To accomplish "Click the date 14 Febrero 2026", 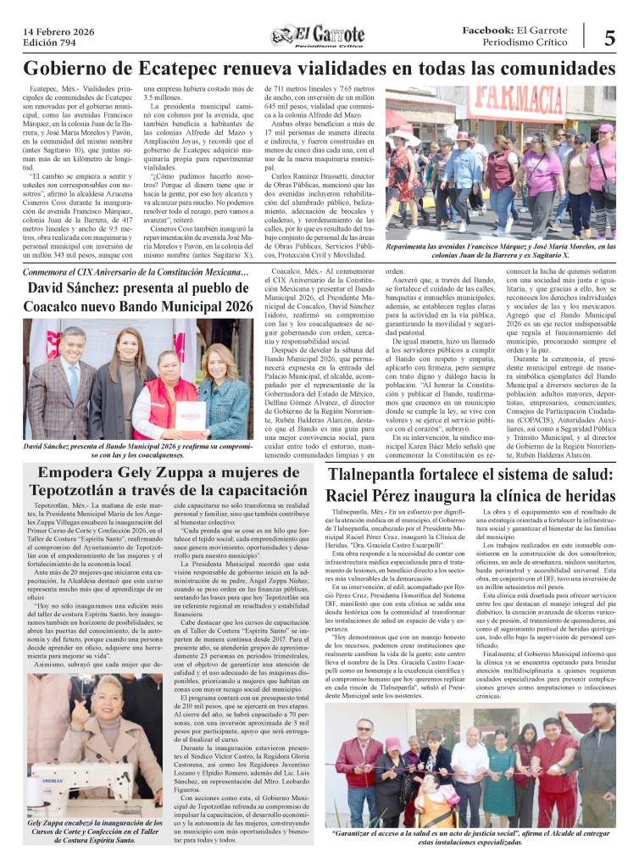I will coord(58,31).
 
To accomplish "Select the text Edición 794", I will coord(47,43).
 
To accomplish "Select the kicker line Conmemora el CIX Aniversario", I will coord(136,272).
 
